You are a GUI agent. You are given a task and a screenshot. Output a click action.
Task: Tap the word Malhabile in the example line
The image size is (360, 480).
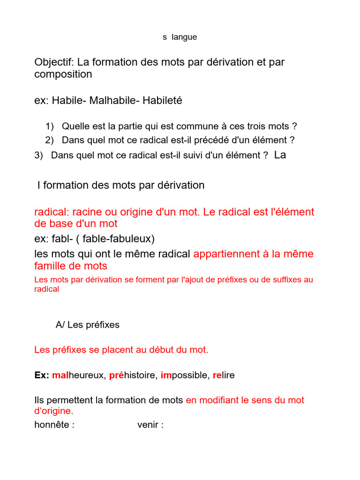112,100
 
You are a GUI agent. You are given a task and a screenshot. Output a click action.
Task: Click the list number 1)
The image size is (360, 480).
50,126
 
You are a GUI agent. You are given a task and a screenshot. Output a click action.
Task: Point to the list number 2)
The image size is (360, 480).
50,140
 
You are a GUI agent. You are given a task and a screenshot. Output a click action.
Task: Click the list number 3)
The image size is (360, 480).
39,156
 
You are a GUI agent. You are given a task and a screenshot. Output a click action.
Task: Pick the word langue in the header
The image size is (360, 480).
184,37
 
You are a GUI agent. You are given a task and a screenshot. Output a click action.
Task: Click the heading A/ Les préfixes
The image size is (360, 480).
88,325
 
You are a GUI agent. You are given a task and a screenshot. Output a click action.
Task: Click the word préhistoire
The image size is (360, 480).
133,375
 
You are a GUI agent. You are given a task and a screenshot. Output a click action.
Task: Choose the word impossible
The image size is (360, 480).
184,375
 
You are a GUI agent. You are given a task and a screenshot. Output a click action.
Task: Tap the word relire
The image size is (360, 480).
224,375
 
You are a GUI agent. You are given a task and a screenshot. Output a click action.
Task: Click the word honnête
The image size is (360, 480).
52,426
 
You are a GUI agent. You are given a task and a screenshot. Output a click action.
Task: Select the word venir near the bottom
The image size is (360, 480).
149,426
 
